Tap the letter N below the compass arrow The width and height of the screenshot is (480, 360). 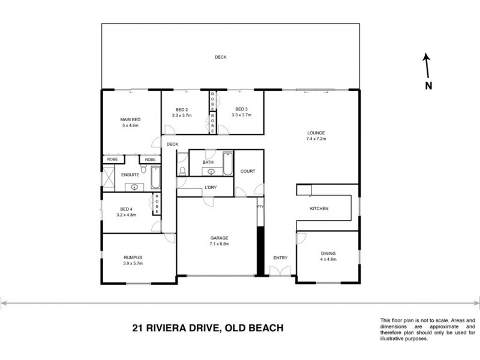[x=428, y=86]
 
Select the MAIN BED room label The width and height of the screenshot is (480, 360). [x=130, y=119]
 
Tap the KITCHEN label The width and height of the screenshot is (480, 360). [x=318, y=209]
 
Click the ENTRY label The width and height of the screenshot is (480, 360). [x=280, y=258]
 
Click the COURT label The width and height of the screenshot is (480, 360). [x=248, y=171]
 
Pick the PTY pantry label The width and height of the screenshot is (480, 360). [x=260, y=207]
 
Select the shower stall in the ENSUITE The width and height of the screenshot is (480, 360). [x=109, y=179]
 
